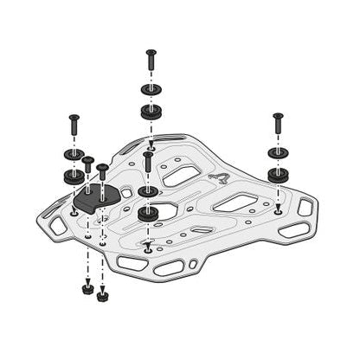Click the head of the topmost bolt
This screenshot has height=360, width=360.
(151, 54)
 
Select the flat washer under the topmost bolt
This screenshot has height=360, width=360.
(151, 90)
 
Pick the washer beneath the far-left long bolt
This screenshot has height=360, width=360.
(74, 155)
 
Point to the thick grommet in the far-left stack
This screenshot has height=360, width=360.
(74, 176)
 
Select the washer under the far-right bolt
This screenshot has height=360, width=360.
(278, 153)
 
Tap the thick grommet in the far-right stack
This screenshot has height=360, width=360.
(278, 174)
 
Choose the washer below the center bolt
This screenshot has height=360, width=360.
(148, 190)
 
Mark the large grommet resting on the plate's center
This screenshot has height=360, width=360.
(148, 213)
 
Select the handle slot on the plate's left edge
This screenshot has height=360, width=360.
(58, 227)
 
